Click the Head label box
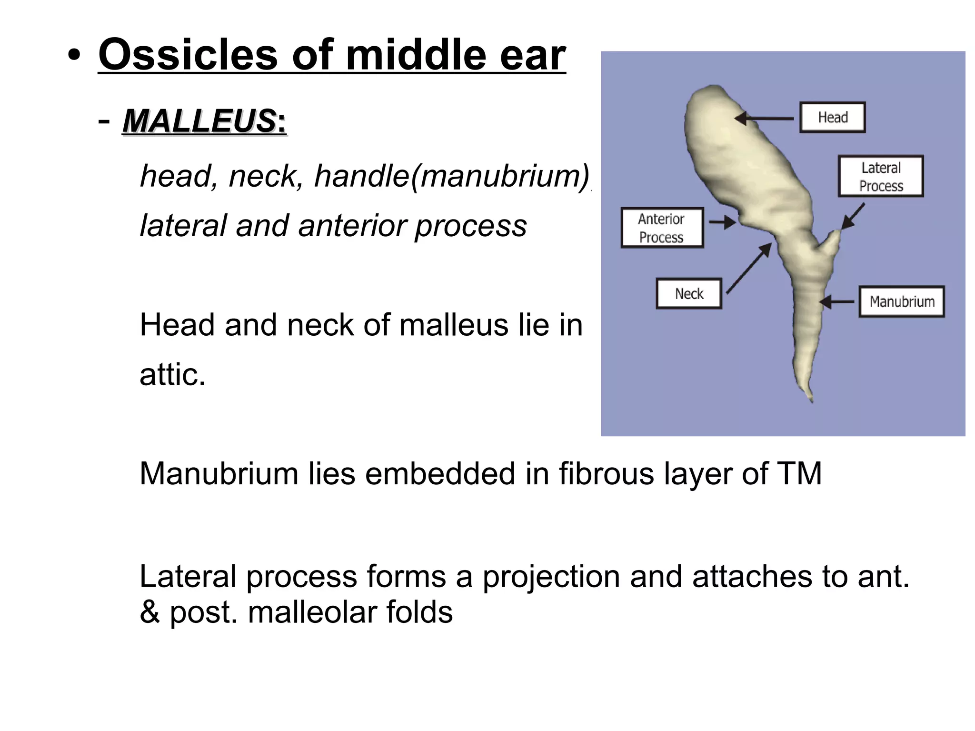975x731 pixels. (832, 117)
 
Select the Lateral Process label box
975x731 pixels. (881, 176)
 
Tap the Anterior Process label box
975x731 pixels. (662, 228)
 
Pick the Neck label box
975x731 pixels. (689, 293)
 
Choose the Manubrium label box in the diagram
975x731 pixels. (902, 301)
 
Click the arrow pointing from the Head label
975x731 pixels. (764, 118)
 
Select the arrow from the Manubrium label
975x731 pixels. (837, 301)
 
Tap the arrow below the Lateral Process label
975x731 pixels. (853, 217)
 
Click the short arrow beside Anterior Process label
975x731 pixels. (723, 222)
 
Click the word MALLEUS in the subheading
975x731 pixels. (200, 121)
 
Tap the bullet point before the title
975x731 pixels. (74, 56)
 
